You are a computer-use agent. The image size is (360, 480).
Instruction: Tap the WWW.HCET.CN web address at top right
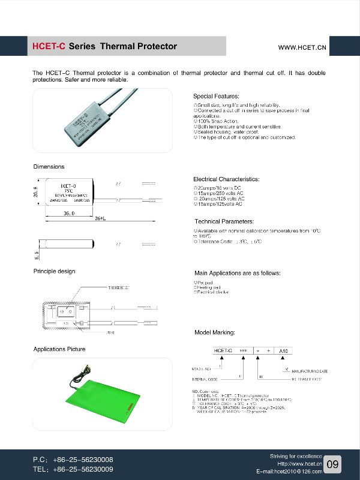pyautogui.click(x=302, y=47)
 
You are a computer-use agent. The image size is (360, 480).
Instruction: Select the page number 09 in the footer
pyautogui.click(x=334, y=464)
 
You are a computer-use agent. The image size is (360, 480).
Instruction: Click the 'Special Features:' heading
pyautogui.click(x=216, y=96)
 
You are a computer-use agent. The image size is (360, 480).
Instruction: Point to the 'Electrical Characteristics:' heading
pyautogui.click(x=226, y=179)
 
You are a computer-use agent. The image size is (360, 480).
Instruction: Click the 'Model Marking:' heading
pyautogui.click(x=215, y=332)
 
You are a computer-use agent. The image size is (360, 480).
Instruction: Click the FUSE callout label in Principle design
pyautogui.click(x=110, y=332)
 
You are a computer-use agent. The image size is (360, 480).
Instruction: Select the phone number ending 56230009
pyautogui.click(x=73, y=469)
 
